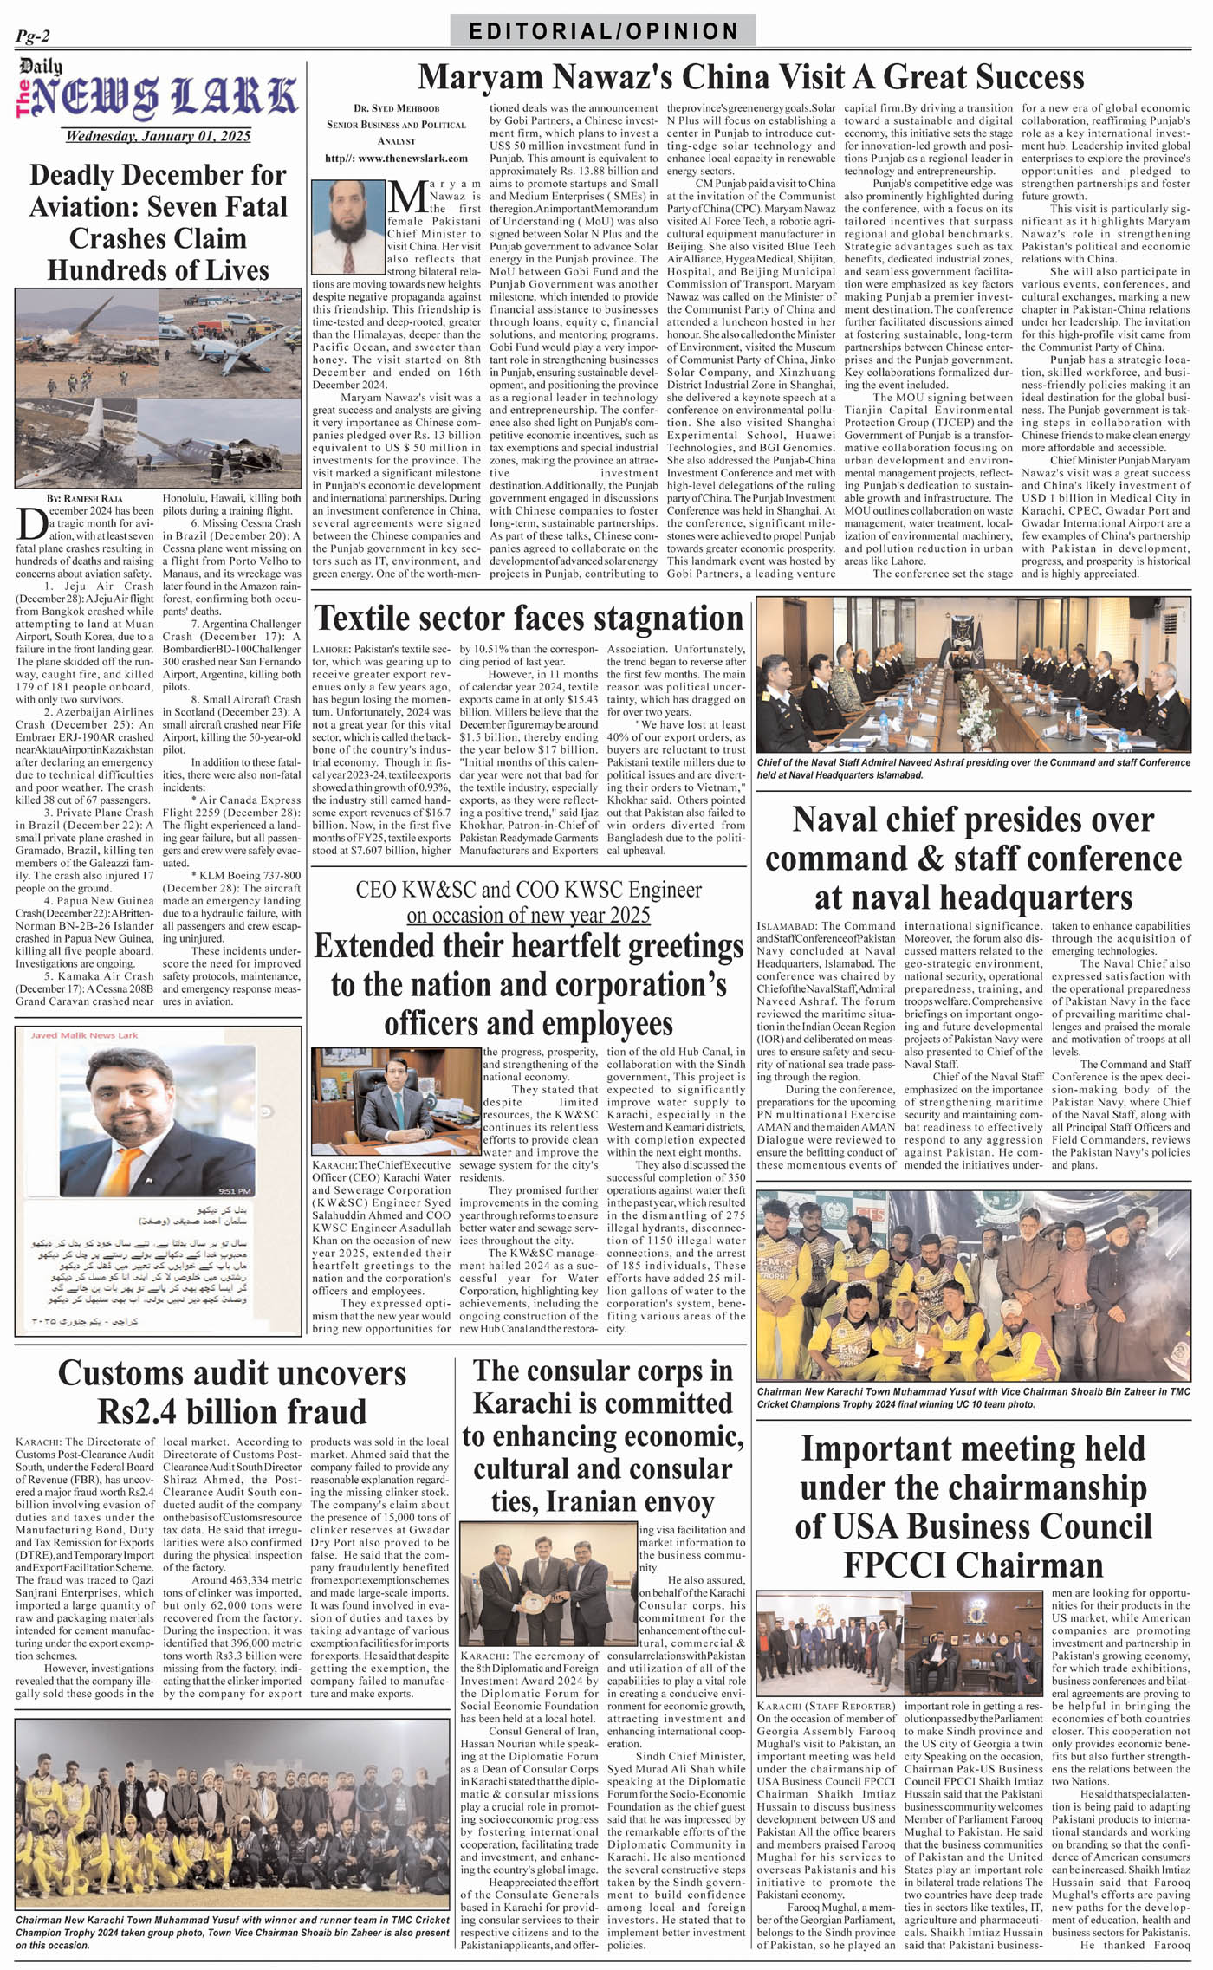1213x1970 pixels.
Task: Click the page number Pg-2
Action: (33, 36)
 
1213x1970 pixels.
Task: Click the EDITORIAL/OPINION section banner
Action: (603, 32)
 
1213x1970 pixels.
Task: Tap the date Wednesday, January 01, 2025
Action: (158, 136)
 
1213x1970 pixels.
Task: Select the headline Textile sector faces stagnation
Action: (529, 619)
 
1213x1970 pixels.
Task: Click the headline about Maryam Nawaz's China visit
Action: (750, 77)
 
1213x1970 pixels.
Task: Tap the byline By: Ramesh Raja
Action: (85, 499)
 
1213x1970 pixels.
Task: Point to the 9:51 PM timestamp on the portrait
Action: (235, 1191)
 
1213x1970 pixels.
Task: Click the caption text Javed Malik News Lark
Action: (84, 1035)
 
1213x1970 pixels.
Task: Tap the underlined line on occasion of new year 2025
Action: (529, 915)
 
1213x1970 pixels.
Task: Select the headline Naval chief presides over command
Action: (973, 858)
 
